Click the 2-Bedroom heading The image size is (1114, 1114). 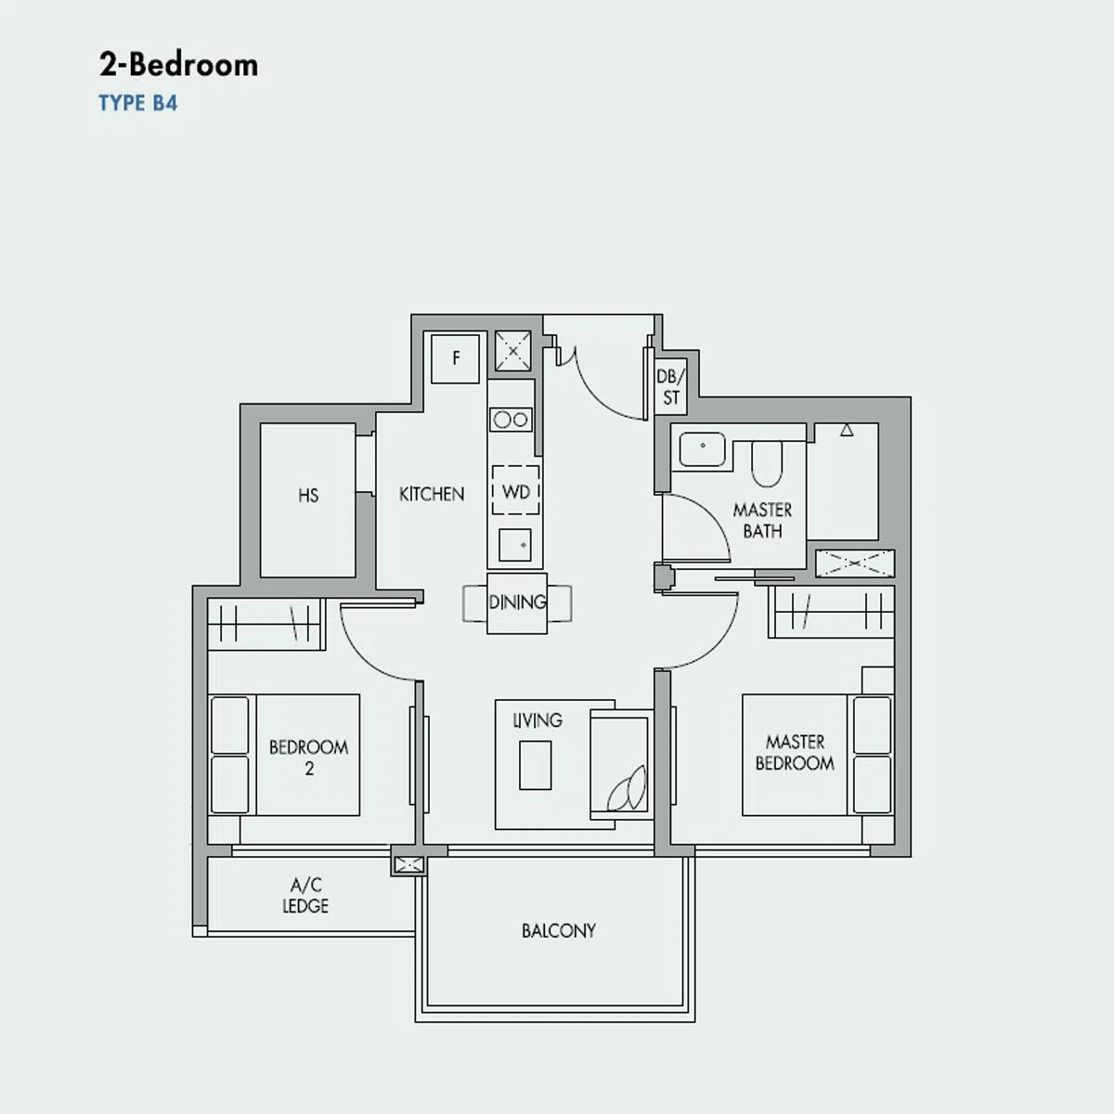pos(178,65)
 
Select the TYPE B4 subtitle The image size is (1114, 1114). pos(138,103)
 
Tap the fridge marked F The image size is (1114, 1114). pos(456,358)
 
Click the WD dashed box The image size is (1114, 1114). pos(515,490)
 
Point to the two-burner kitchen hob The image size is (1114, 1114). pos(511,419)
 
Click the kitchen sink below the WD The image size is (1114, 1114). pos(515,545)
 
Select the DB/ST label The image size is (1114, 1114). pos(670,387)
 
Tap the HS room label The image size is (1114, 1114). pos(308,496)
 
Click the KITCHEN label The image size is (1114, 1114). pos(432,494)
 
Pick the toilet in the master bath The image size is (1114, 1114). pos(767,463)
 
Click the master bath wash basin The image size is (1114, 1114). pos(703,449)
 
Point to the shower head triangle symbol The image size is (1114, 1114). pos(847,430)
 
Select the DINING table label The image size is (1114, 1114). pos(517,602)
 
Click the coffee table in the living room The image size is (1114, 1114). pos(536,765)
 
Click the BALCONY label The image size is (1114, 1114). pos(559,930)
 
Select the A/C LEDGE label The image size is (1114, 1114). pos(305,896)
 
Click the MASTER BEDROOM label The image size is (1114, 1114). pos(795,752)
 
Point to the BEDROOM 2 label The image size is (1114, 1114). pos(309,758)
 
